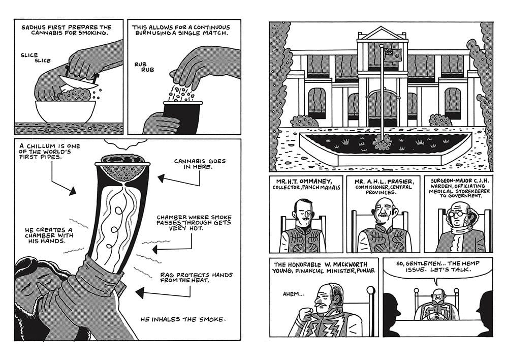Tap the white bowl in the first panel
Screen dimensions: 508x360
[66, 111]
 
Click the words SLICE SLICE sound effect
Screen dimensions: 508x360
[36, 58]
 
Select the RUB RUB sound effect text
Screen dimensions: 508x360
[144, 67]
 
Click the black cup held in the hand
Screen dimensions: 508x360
[182, 117]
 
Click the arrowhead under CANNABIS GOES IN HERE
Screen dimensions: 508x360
[162, 178]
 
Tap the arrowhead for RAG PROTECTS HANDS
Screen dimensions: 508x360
[140, 293]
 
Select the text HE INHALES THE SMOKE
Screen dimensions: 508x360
[183, 319]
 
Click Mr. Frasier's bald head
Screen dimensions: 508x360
[383, 204]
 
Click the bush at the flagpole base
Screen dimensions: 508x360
[383, 142]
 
